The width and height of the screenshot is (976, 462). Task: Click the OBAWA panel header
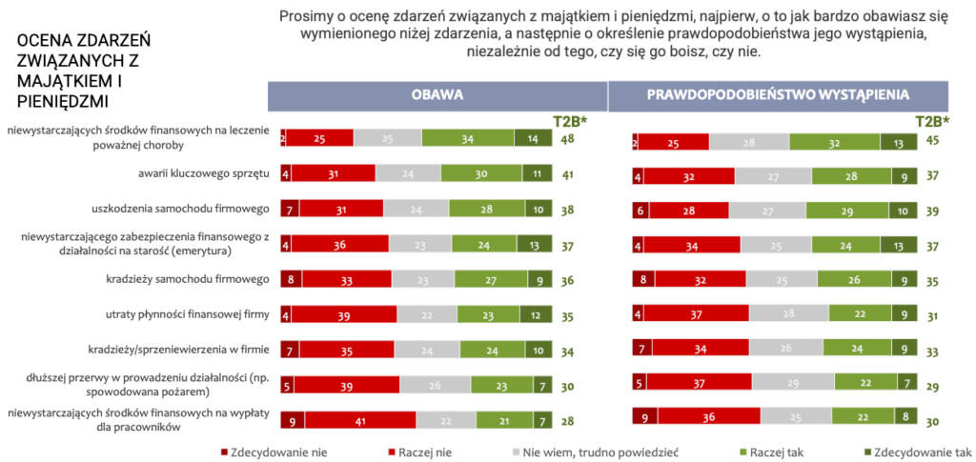[437, 95]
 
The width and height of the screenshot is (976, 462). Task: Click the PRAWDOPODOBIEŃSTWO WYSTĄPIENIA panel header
[778, 95]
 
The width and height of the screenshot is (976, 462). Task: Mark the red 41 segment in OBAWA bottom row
[360, 420]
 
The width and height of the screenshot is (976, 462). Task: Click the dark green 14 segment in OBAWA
[533, 139]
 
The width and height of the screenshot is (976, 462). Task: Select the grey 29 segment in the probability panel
[792, 383]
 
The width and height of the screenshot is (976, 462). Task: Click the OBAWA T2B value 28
[566, 421]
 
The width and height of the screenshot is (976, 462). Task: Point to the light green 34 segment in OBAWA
[469, 139]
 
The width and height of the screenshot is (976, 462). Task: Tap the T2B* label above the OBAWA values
[571, 121]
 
